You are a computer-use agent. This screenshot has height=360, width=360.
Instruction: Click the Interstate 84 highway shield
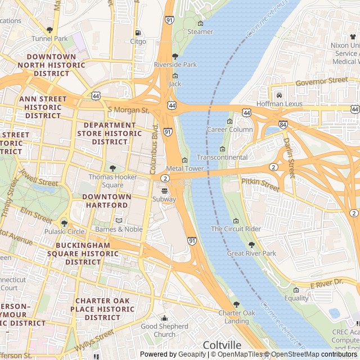coord(282,124)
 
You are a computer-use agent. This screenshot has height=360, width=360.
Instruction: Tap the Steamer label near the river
coord(200,32)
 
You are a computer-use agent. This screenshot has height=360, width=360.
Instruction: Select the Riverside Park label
coord(175,65)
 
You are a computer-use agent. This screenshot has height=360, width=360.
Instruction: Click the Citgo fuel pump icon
coord(138,33)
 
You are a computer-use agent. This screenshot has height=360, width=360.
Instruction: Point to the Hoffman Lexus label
coord(279,104)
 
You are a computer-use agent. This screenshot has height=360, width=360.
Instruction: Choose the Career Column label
coord(229,129)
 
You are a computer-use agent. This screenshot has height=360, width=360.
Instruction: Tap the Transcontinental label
coord(222,157)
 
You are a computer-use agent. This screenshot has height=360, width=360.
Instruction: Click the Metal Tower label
coord(184,168)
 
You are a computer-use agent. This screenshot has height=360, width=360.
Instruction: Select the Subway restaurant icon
coord(164,191)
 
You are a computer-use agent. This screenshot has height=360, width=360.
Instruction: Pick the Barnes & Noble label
coord(119,229)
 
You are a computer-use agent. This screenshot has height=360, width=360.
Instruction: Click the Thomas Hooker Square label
coord(113,181)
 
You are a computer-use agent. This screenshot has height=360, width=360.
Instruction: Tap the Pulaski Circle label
coord(65,231)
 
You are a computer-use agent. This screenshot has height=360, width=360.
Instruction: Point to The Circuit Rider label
coord(236,229)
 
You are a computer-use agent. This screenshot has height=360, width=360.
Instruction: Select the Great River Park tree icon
coord(251,245)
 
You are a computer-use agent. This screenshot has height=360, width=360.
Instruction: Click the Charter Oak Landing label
coord(237,317)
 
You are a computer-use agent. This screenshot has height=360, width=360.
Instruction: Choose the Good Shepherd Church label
coord(165,330)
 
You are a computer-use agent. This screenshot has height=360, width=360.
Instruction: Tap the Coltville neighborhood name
coord(222,345)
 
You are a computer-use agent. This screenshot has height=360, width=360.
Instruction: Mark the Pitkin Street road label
coord(260,184)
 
